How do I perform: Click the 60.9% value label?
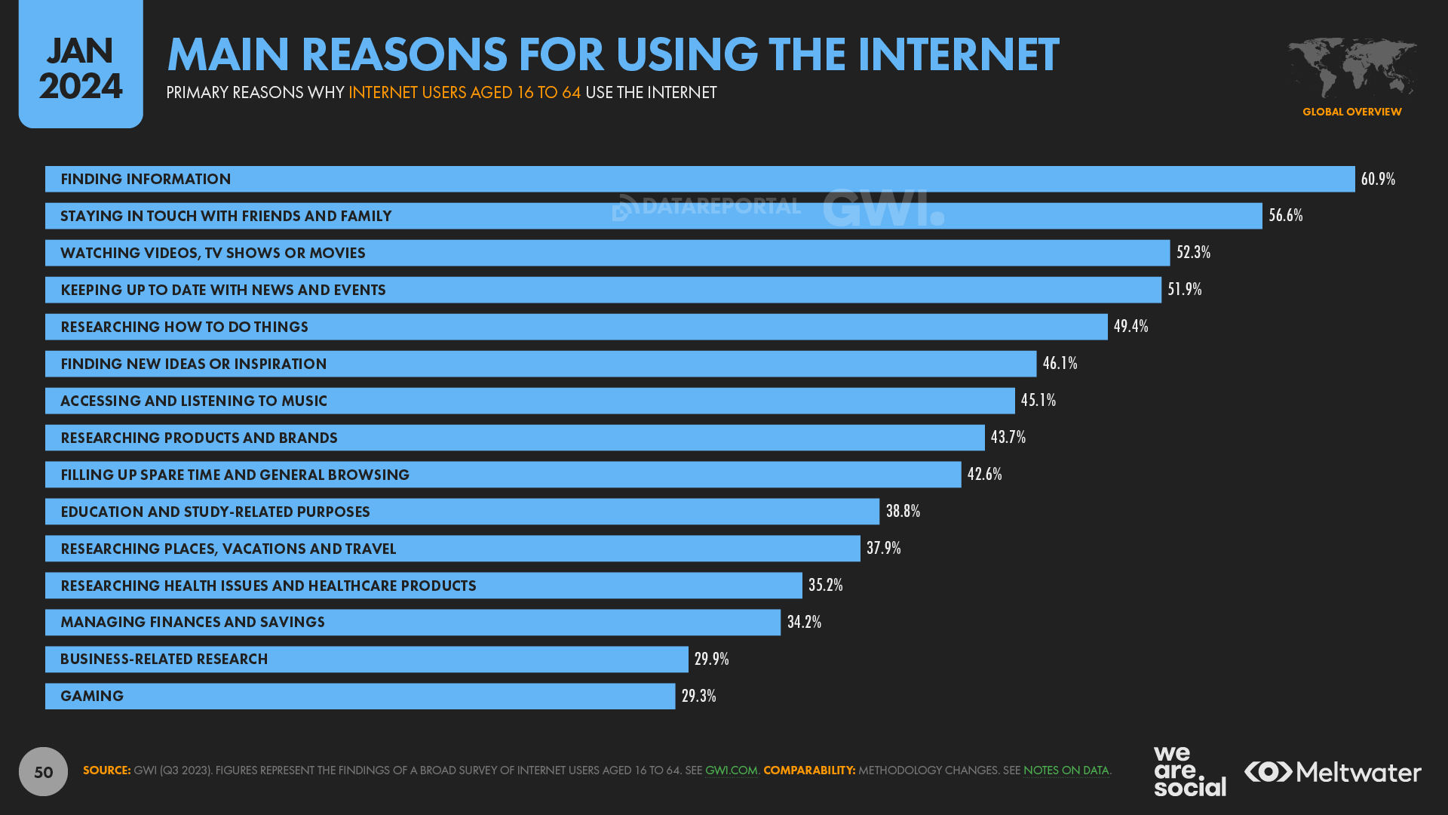click(1378, 179)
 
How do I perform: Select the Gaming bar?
click(360, 696)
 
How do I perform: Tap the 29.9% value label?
click(711, 659)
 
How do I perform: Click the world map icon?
click(1351, 67)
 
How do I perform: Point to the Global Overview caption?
click(1351, 112)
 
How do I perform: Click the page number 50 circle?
click(43, 771)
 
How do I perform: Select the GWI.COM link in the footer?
click(731, 770)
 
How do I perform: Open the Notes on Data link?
click(1066, 770)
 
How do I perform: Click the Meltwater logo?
click(1333, 772)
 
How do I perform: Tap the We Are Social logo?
click(1189, 771)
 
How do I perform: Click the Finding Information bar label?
click(146, 179)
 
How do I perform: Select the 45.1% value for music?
click(1038, 400)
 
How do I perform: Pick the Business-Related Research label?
click(164, 659)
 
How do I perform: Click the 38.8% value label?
click(903, 511)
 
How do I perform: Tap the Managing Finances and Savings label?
click(192, 622)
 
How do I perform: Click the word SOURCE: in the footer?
click(106, 770)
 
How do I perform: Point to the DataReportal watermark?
click(707, 206)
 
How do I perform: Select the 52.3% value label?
click(1193, 252)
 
